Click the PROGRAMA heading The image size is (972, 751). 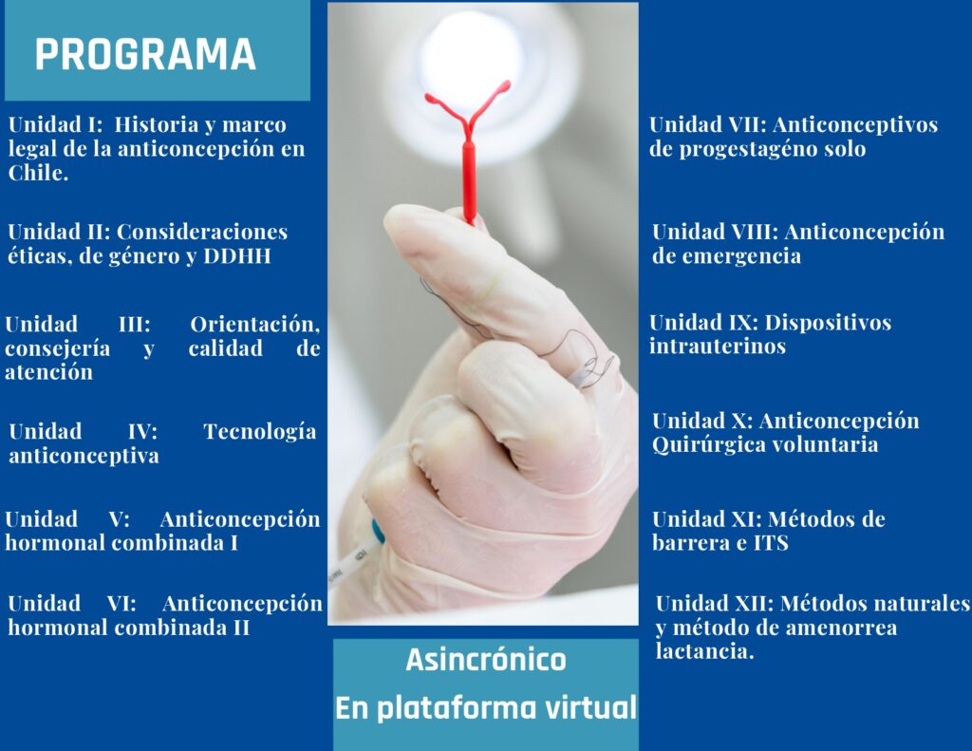pos(145,54)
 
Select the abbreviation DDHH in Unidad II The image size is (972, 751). pos(237,256)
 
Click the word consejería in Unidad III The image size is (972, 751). pos(58,348)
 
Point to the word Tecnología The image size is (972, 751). pos(260,432)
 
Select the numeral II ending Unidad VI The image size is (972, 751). pos(241,628)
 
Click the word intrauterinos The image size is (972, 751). pos(718,346)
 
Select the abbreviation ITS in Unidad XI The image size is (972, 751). pos(771,543)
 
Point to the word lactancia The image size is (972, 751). pos(704,651)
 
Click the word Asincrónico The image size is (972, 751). pos(486,660)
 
